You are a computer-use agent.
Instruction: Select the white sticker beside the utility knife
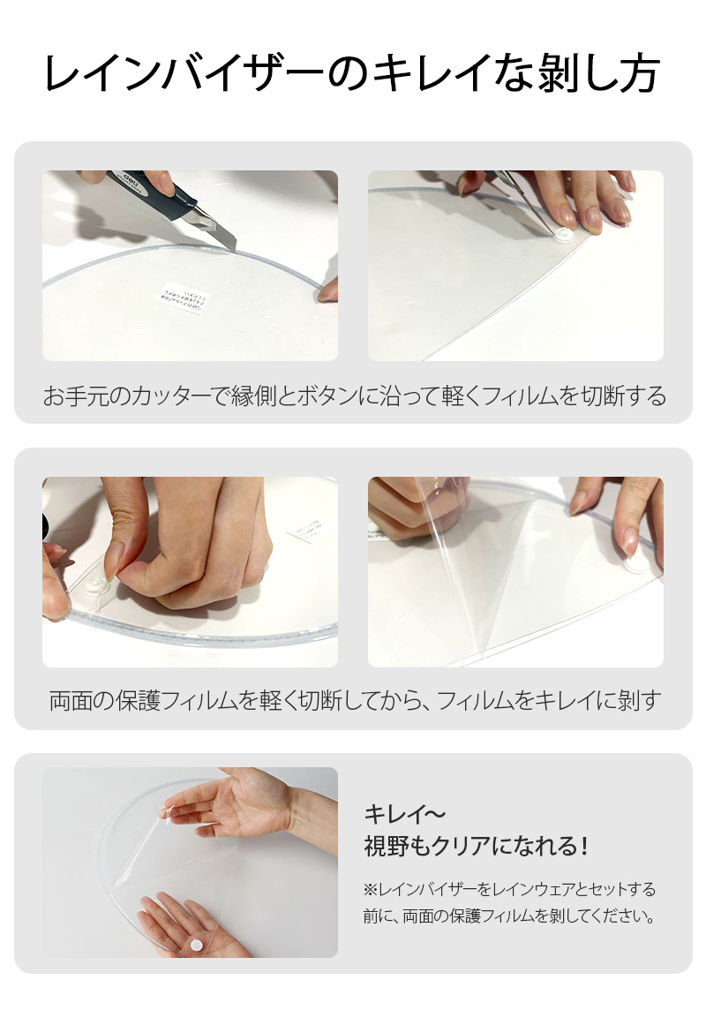[184, 298]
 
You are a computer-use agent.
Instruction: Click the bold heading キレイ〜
[405, 814]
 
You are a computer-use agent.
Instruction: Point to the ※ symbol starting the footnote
[370, 889]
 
